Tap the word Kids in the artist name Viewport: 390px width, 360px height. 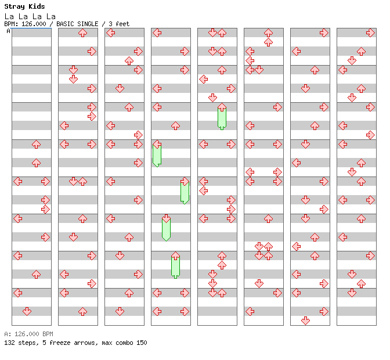click(x=36, y=6)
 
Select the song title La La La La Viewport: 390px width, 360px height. click(x=30, y=16)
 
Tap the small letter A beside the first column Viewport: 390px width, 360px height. click(x=8, y=31)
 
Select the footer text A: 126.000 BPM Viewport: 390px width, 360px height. click(x=28, y=334)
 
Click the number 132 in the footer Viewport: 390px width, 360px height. click(x=10, y=343)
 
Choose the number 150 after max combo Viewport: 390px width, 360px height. click(x=141, y=343)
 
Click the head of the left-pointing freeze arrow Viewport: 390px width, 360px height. click(x=157, y=144)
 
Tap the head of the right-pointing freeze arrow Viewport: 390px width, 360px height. click(x=185, y=181)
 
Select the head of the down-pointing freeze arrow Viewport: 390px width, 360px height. click(x=166, y=218)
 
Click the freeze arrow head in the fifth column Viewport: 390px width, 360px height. click(x=222, y=107)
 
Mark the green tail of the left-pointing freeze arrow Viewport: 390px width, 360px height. click(x=157, y=157)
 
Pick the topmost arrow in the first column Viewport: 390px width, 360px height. click(x=36, y=144)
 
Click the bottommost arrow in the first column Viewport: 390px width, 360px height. click(x=27, y=311)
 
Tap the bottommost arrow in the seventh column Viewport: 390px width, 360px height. click(x=305, y=321)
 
